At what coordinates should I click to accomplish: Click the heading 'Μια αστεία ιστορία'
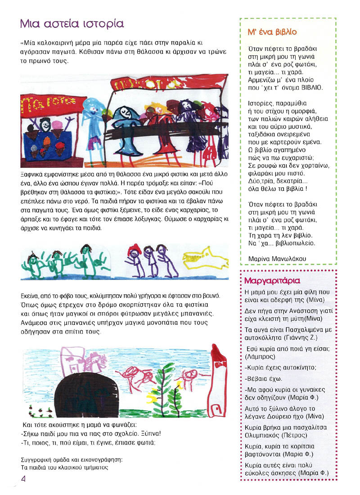tap(72, 23)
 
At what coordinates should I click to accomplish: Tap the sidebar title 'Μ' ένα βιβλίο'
tap(270, 32)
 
